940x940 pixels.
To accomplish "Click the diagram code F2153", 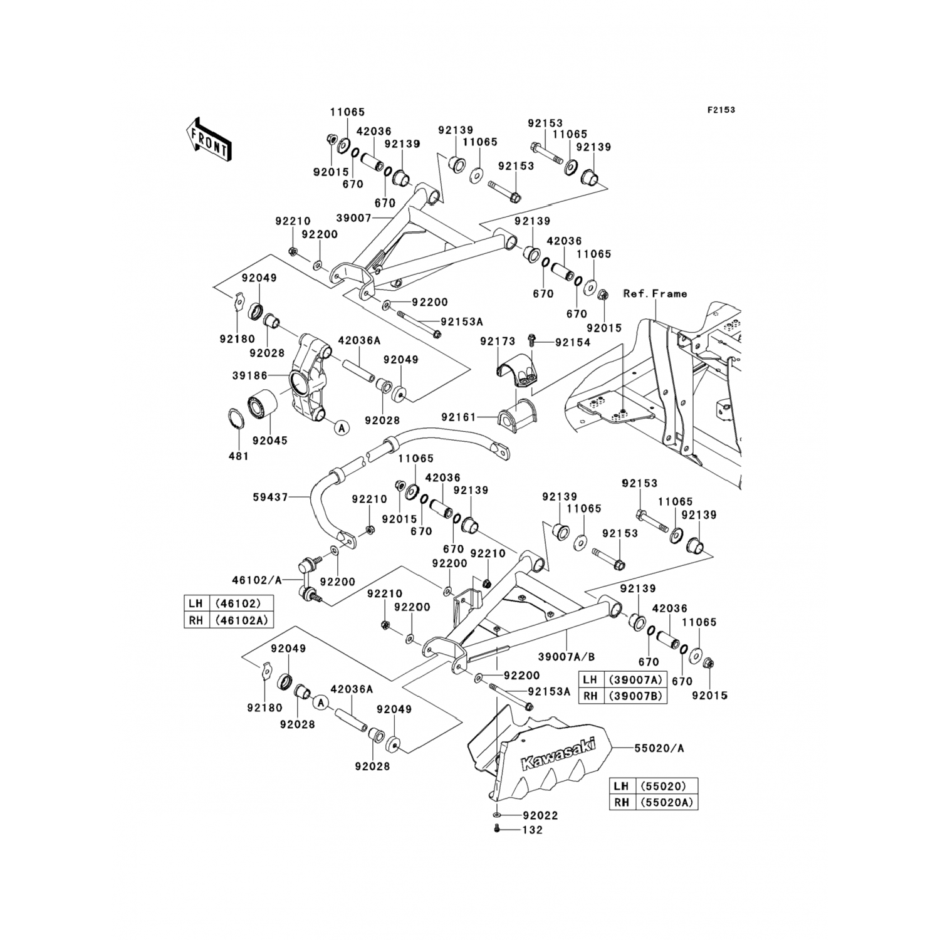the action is coord(721,110).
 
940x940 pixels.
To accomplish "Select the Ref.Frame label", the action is coord(655,293).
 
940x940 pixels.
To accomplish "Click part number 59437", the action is coord(270,497).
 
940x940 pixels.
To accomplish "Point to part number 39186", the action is coord(249,375).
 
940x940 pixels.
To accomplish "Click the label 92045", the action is coord(269,441).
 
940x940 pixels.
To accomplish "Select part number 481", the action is coord(238,456).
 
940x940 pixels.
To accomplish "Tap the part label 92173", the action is coord(498,342).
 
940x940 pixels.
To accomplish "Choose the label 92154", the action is coord(573,343).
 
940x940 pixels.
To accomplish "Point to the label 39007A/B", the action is coord(566,656).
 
